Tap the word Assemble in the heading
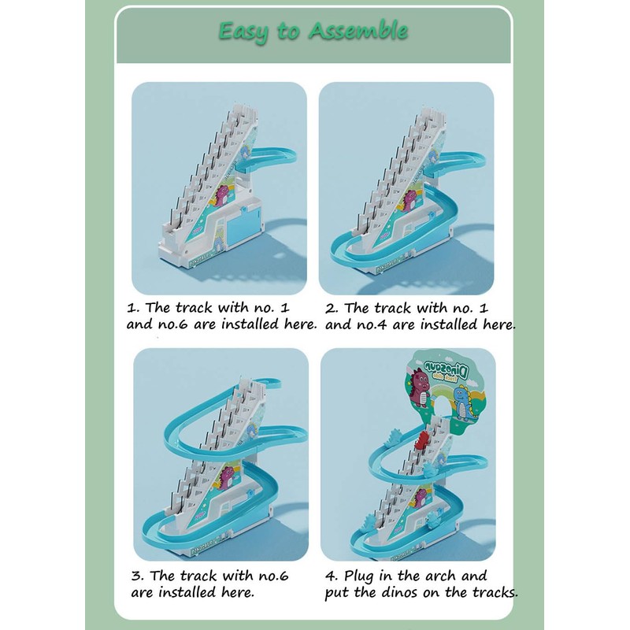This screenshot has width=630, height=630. tap(358, 31)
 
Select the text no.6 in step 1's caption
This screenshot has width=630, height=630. tap(172, 324)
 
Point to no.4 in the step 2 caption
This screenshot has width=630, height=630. tap(372, 325)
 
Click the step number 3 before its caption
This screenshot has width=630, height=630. tap(136, 576)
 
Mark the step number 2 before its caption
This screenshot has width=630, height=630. tap(331, 309)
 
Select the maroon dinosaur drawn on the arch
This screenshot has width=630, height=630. tap(420, 388)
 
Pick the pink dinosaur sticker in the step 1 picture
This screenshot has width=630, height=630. tap(224, 195)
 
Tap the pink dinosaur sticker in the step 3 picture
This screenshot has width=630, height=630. tap(226, 477)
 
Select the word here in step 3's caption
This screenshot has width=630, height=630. tap(238, 592)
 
